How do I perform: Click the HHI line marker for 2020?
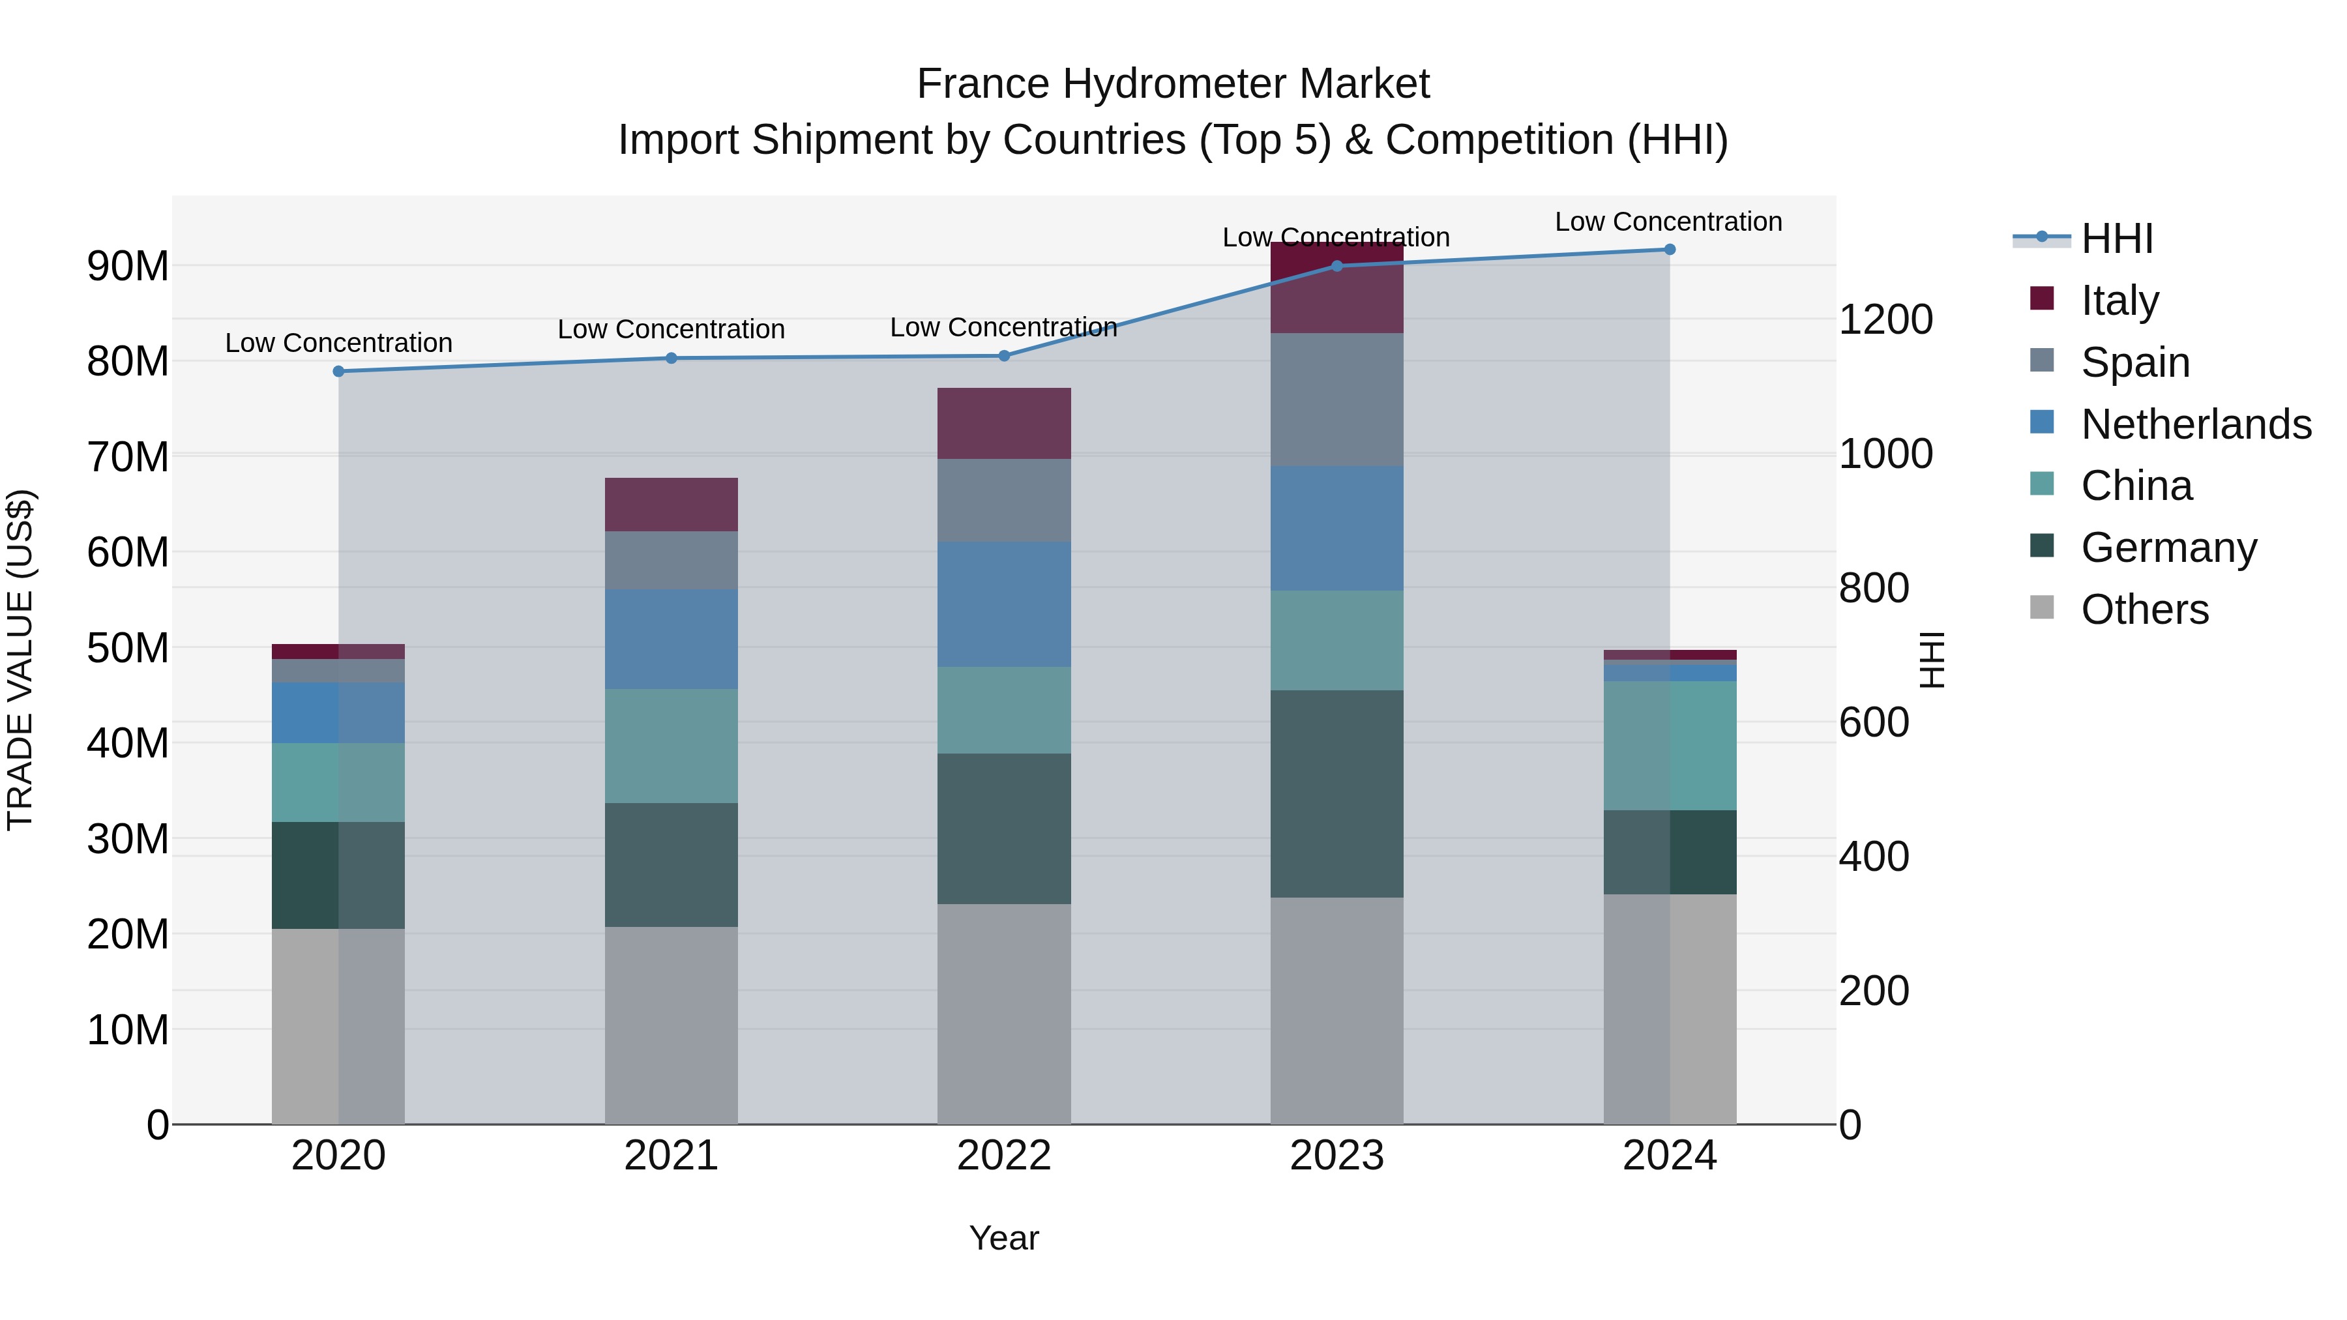click(338, 372)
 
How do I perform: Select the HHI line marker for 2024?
click(1669, 250)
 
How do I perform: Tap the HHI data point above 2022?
click(1004, 356)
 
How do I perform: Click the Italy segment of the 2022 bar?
click(1004, 424)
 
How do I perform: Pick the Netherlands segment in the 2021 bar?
click(671, 639)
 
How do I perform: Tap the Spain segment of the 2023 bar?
click(1336, 400)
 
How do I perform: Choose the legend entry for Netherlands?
click(2196, 424)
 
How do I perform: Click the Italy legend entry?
click(2119, 301)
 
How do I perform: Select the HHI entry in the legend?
click(2116, 239)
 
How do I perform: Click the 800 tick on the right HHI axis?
click(1873, 589)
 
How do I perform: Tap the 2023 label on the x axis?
click(1336, 1156)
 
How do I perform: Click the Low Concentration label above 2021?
click(671, 330)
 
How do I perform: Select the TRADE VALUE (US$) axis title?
click(20, 660)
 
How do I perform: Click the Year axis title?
click(1003, 1238)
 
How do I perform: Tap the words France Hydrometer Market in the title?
click(1173, 85)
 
